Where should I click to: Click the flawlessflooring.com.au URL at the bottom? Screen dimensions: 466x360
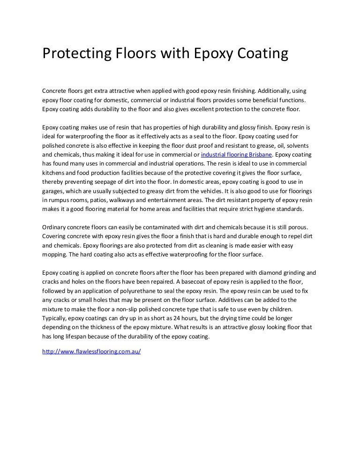91,351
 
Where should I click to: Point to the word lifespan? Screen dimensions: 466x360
86,337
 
